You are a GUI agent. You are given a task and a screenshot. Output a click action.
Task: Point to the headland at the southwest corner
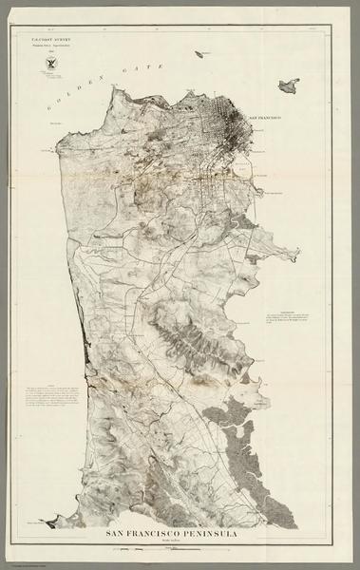(x=51, y=522)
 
